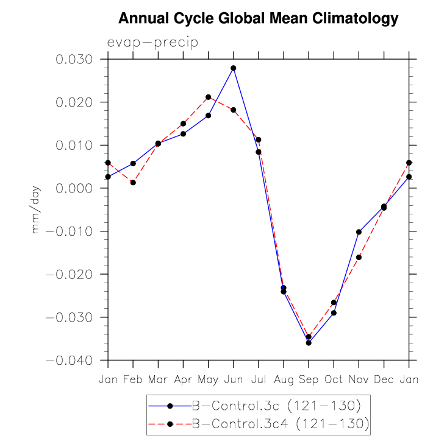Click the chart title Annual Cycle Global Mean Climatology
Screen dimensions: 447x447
258,19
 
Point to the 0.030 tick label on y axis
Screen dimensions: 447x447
74,60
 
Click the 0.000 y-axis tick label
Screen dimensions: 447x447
74,188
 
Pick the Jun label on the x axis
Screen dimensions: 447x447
233,379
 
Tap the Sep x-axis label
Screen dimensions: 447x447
309,379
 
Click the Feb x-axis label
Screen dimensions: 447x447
133,379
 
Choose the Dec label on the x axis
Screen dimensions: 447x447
384,379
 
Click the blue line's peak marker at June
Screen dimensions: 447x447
234,68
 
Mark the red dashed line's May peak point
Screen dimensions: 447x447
208,97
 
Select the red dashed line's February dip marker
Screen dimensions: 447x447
133,183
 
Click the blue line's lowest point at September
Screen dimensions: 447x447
309,343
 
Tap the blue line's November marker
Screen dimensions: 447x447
359,232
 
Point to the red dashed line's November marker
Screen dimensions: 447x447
359,258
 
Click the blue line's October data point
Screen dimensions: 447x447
334,313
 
